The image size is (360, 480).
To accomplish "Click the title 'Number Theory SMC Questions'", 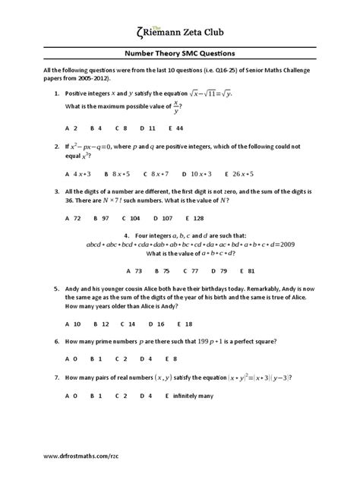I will (179, 54).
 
